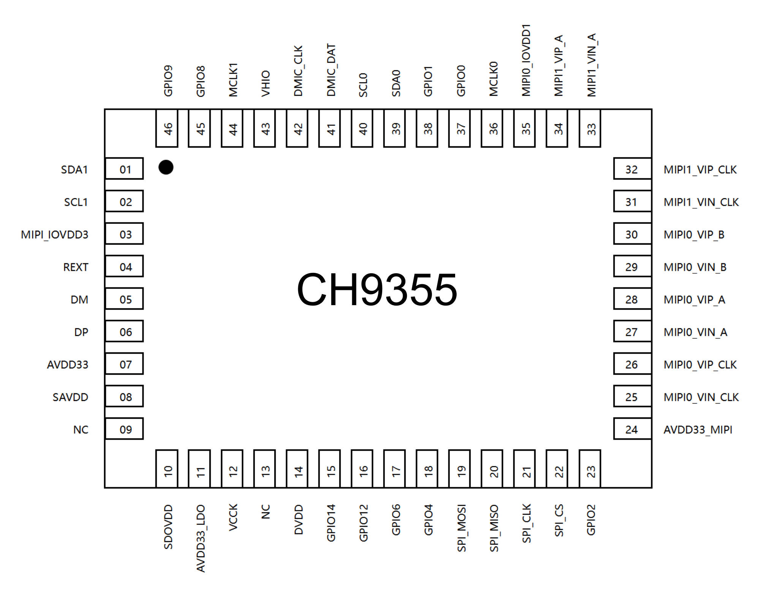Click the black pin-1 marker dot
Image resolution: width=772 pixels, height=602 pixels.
[166, 167]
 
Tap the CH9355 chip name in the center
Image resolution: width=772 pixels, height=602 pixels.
[377, 290]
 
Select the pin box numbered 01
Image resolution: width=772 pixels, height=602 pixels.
[124, 169]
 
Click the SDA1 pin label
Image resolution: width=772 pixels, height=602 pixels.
[74, 170]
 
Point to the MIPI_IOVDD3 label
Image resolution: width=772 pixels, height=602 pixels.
[55, 234]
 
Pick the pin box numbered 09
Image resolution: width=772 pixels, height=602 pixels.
[124, 429]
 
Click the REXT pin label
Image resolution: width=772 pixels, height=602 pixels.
[76, 267]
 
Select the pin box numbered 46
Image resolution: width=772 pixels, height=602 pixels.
[167, 128]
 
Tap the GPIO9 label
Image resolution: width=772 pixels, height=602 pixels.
[168, 81]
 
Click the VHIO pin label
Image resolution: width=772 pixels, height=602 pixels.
[266, 83]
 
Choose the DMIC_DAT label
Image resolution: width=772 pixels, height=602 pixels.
[331, 70]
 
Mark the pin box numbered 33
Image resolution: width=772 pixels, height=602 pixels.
[590, 128]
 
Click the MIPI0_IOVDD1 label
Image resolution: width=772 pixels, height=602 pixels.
[526, 60]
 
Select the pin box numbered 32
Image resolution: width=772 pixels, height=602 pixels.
[633, 169]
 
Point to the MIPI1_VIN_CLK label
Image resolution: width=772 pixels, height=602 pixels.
[701, 202]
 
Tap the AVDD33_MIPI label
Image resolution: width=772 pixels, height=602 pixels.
[698, 430]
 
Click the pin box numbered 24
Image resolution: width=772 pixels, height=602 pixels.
[633, 429]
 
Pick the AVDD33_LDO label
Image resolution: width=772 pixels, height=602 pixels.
[201, 538]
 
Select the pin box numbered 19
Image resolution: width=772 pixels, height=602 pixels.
[460, 469]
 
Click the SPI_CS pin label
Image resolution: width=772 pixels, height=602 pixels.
[559, 520]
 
